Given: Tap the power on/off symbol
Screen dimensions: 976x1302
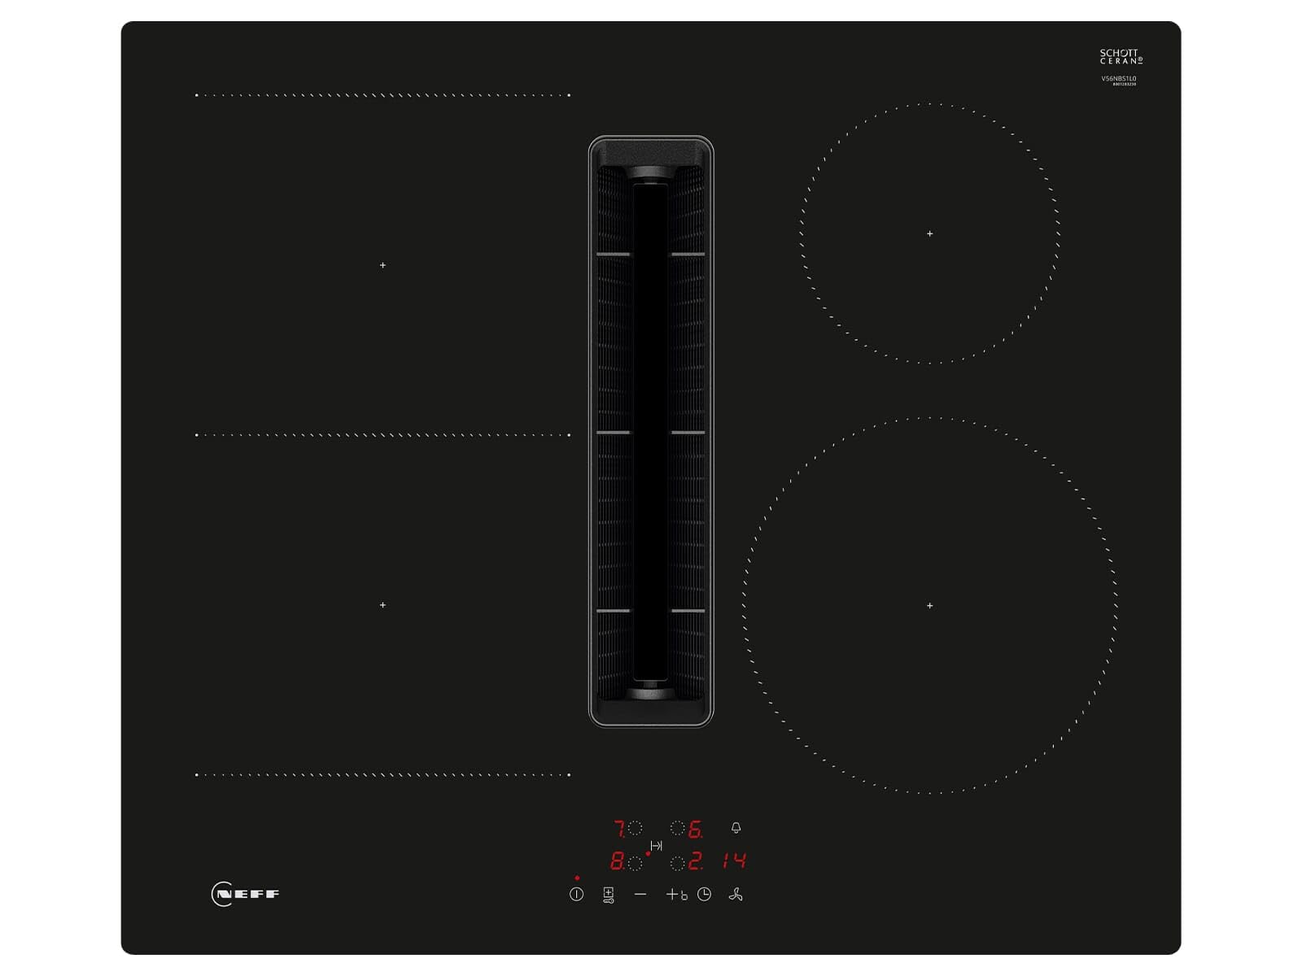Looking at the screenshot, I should (576, 894).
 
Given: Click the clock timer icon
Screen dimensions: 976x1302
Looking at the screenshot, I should (704, 894).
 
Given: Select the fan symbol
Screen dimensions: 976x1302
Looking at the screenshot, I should (736, 895).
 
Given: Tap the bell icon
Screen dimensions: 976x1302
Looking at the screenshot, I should (736, 828).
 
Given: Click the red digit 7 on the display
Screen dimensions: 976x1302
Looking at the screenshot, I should (619, 829).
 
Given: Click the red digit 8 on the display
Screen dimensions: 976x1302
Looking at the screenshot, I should (617, 861).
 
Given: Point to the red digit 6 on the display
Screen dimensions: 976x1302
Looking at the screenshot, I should (694, 829).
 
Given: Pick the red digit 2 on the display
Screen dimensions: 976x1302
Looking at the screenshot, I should (694, 861).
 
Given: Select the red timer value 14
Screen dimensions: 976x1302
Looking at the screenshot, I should (734, 861).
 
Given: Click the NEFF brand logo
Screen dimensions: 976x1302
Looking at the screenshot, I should (245, 894).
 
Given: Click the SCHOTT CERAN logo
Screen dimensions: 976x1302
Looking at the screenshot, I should (1121, 56).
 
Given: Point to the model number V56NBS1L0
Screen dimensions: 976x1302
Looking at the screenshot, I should (1119, 79).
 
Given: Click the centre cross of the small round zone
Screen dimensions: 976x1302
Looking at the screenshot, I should (930, 233).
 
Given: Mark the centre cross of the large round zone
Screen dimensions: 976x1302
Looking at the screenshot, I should (930, 605).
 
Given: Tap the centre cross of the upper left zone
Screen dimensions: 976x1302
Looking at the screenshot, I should (382, 265).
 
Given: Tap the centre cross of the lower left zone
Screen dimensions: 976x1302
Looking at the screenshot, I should (382, 605).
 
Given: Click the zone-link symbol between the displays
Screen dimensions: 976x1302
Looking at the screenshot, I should (656, 846).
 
